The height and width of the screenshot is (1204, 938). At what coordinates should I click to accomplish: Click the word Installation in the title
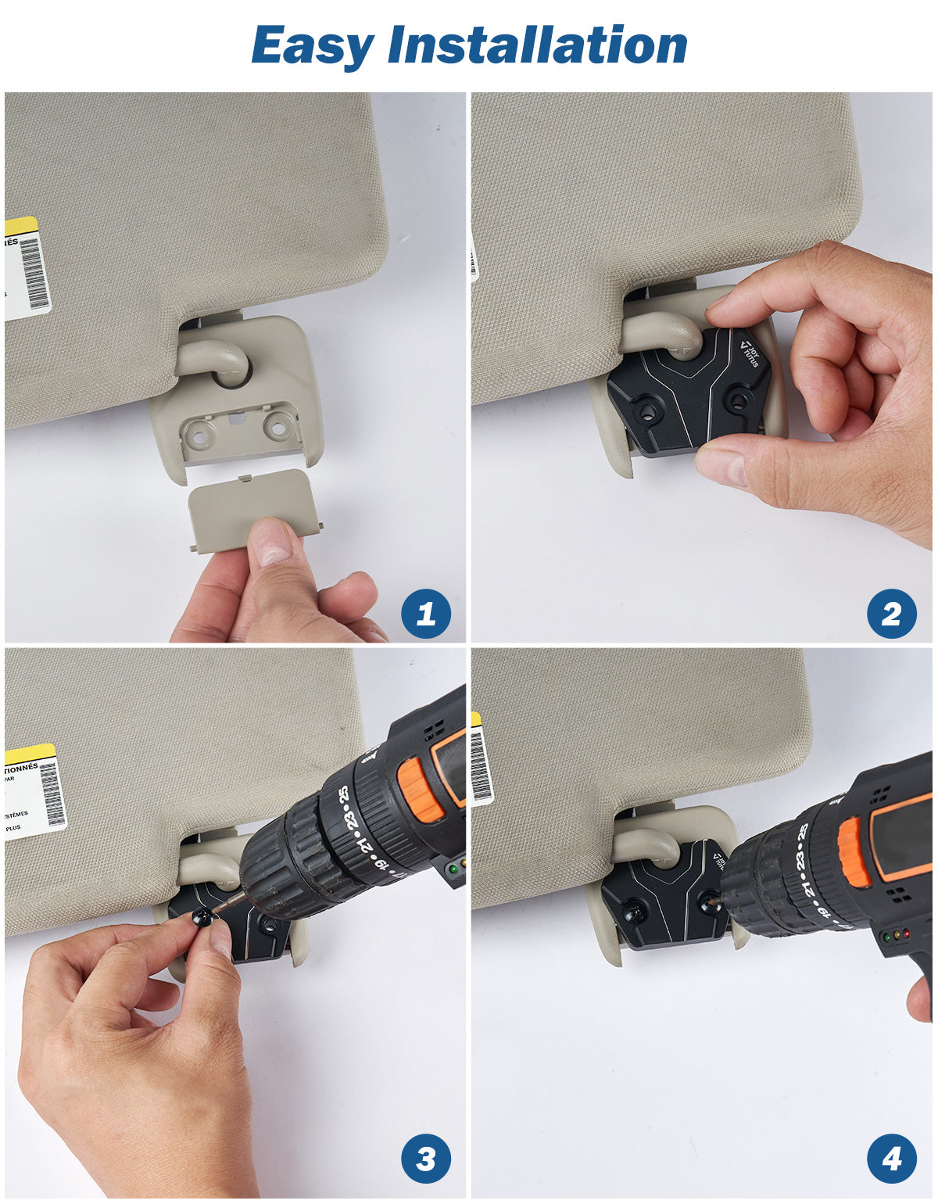(538, 45)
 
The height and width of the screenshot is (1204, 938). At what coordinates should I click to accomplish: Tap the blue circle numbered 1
(425, 614)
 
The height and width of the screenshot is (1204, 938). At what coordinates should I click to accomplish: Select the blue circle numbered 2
(891, 614)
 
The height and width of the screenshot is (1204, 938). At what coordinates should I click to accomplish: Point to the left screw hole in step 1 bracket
(200, 432)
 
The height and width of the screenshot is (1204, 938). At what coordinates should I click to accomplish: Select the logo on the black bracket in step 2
(749, 353)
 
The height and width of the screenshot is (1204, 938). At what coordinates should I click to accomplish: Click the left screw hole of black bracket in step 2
(645, 409)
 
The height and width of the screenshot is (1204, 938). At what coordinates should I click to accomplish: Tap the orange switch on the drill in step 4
(854, 852)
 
